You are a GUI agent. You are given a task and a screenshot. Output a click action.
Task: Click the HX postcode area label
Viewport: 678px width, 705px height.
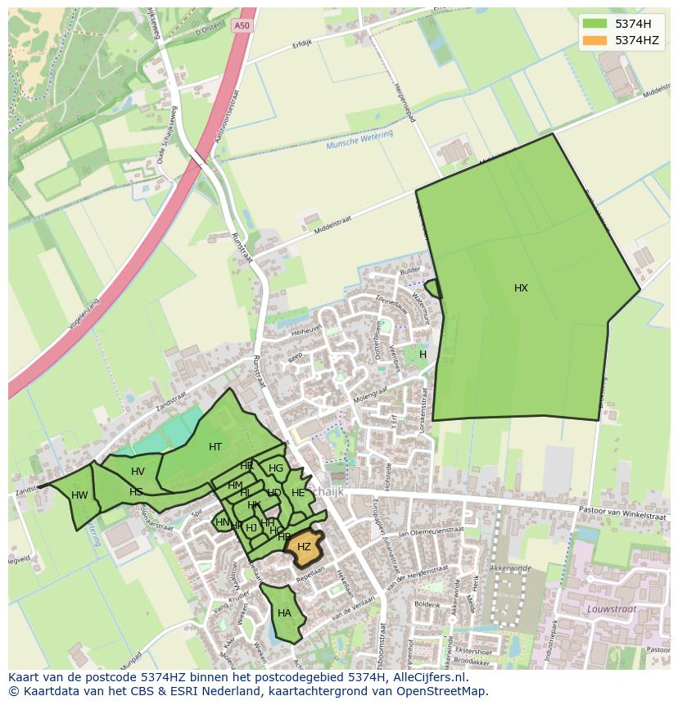(521, 288)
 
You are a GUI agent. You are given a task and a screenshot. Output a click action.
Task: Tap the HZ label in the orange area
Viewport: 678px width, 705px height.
(304, 546)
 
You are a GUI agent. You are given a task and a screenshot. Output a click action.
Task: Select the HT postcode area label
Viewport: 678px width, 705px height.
(215, 447)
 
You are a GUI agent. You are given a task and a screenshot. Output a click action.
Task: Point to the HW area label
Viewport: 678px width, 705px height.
(79, 495)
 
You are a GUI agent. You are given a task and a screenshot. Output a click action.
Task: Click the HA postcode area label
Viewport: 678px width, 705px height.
(284, 613)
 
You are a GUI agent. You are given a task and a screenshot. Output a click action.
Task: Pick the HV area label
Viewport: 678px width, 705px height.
(138, 472)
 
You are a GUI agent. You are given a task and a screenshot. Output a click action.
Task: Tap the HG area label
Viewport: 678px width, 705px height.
(276, 469)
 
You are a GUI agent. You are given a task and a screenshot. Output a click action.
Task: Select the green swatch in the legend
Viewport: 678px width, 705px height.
(595, 24)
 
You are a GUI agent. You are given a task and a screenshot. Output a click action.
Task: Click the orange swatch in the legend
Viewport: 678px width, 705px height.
(595, 40)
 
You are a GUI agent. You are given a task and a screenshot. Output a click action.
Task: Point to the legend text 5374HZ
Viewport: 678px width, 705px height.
(637, 40)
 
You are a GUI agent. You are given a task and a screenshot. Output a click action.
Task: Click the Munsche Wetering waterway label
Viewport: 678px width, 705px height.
(359, 139)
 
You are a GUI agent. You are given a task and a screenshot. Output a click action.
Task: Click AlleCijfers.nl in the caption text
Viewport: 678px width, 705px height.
(429, 678)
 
